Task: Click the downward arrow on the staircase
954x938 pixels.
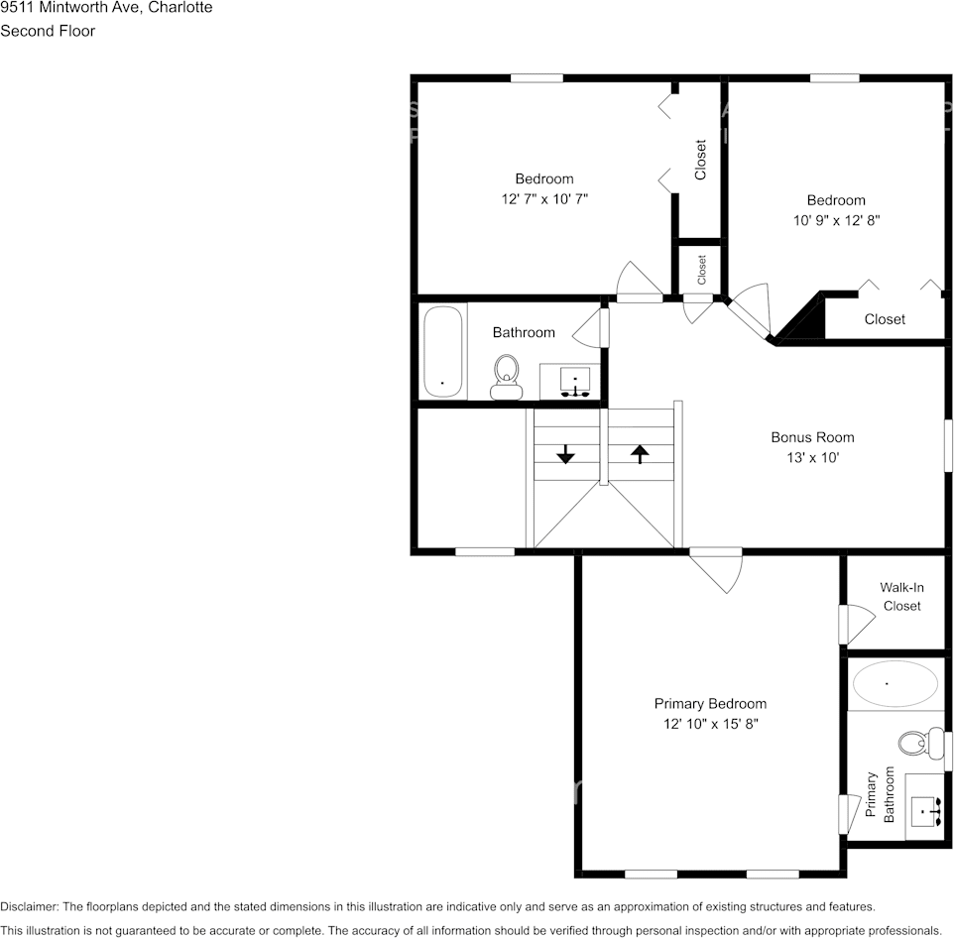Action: click(565, 454)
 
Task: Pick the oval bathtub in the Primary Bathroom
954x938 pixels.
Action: click(895, 684)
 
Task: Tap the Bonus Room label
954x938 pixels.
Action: click(812, 437)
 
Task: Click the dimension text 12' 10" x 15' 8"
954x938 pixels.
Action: click(710, 724)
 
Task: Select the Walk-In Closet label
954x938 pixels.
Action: click(901, 597)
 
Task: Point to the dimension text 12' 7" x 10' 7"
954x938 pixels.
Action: click(544, 199)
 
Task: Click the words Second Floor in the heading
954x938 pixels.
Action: click(48, 31)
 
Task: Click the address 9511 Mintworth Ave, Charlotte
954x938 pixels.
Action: click(105, 8)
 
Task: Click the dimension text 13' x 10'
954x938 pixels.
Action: click(812, 458)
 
